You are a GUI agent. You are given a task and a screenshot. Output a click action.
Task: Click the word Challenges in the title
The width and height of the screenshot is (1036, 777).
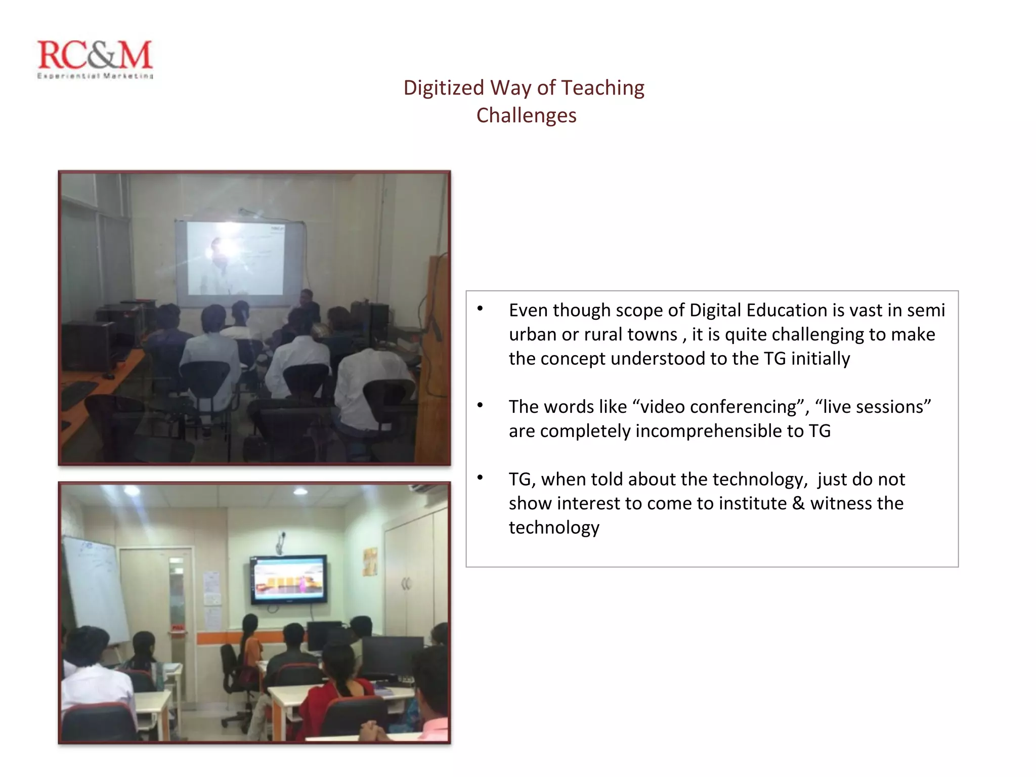coord(526,115)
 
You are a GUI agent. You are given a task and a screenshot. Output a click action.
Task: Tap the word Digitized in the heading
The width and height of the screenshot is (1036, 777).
coord(444,88)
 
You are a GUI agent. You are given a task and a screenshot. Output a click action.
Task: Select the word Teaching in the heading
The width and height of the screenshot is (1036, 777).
coord(602,88)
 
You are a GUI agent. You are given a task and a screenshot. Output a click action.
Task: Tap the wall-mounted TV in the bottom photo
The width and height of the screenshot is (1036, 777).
coord(288,579)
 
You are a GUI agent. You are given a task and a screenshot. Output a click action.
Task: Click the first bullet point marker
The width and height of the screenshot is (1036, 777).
coord(480,309)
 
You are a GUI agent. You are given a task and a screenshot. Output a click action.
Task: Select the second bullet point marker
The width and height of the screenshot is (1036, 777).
coord(480,405)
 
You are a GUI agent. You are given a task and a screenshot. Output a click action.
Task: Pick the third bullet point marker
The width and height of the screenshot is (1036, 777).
coord(480,478)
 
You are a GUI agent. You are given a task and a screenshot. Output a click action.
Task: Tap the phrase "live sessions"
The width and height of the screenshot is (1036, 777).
coord(873,407)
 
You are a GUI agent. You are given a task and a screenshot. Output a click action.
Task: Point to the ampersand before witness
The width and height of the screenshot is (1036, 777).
coord(798,503)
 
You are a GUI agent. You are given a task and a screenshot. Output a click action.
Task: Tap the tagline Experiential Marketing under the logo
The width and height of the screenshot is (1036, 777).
coord(95,76)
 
